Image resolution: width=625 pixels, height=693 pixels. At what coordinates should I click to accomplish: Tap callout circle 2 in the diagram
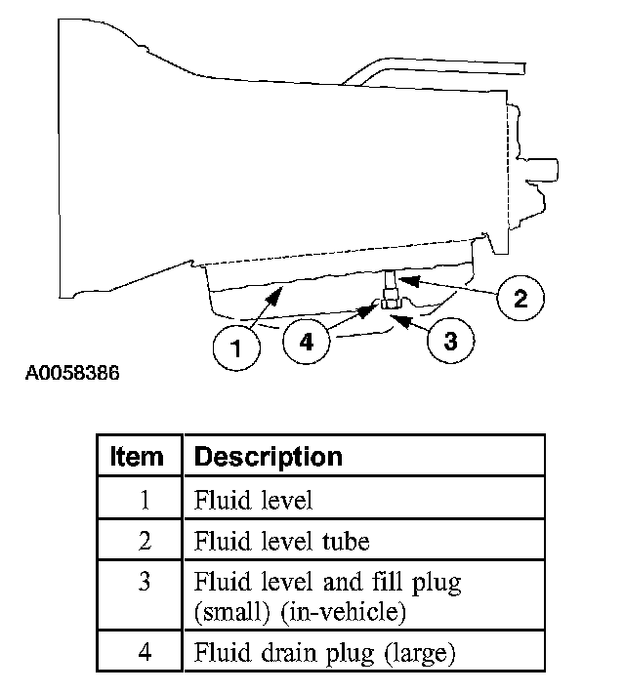[521, 297]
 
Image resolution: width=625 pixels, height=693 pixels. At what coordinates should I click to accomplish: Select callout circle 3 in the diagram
[450, 341]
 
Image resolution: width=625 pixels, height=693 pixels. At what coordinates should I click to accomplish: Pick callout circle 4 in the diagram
[307, 343]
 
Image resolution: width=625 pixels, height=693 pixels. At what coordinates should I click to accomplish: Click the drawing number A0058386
[72, 374]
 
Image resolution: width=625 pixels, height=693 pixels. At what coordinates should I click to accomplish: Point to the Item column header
[138, 456]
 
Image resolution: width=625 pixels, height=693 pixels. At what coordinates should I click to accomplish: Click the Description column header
[269, 456]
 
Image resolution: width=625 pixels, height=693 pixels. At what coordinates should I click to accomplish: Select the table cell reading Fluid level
[253, 501]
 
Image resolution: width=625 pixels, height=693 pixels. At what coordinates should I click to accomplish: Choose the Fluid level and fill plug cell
[327, 584]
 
